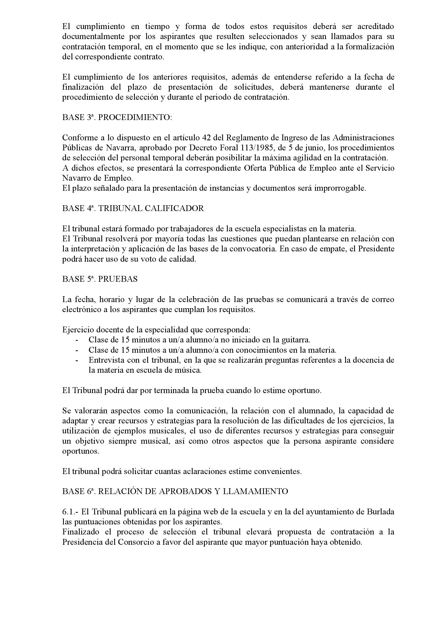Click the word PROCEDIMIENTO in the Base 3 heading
click(x=134, y=118)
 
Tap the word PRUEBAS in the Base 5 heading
click(x=118, y=279)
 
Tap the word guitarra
click(x=296, y=340)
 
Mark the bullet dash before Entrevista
click(x=77, y=360)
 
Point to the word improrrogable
click(x=340, y=188)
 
